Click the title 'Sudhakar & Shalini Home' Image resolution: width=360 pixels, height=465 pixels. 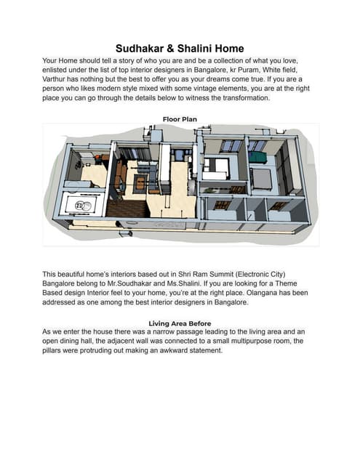pyautogui.click(x=180, y=49)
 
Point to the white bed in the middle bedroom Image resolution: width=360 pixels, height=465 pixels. pyautogui.click(x=216, y=169)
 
